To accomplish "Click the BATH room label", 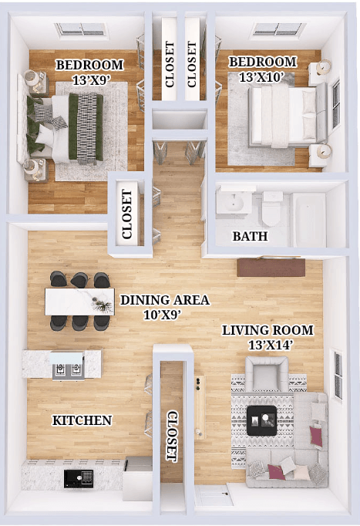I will [250, 236].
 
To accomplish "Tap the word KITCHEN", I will [82, 420].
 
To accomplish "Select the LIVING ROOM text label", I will [267, 330].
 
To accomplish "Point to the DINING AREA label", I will [164, 299].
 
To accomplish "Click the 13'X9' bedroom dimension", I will [89, 79].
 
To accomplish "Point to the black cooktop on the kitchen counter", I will [78, 477].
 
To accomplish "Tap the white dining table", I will [79, 302].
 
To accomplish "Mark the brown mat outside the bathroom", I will [271, 267].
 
